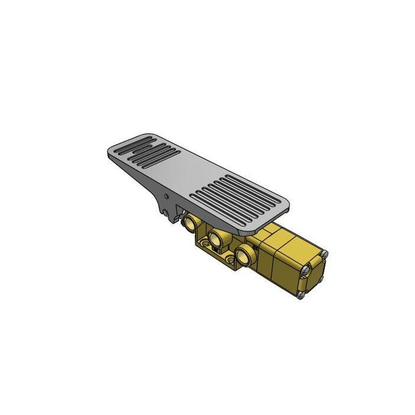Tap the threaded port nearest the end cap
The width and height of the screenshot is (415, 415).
point(243,256)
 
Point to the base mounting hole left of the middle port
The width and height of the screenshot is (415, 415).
point(203,243)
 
